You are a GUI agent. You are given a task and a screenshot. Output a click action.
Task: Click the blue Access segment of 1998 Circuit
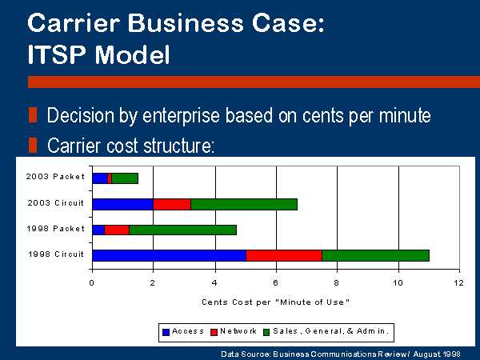[170, 255]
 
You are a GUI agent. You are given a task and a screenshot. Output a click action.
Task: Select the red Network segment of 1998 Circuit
[284, 255]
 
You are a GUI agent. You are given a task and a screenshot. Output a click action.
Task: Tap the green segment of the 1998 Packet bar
[182, 230]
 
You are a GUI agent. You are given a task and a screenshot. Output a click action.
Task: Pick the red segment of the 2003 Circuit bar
[172, 204]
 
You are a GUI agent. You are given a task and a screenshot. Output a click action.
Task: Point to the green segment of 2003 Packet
[125, 178]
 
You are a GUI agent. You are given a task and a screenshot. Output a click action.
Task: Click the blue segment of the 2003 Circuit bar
[122, 204]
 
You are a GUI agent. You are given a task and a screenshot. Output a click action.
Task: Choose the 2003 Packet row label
[55, 177]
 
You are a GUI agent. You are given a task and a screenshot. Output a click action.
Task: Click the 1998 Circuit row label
[56, 254]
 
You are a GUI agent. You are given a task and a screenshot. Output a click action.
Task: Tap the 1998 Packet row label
[56, 229]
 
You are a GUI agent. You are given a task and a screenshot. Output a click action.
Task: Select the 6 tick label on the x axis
[275, 282]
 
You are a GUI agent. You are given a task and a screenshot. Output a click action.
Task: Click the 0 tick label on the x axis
[91, 282]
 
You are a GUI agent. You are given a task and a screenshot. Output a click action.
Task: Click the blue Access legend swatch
[166, 332]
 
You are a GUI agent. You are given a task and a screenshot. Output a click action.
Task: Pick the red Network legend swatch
[214, 332]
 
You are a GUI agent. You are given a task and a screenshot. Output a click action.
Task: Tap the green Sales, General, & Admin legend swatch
[266, 332]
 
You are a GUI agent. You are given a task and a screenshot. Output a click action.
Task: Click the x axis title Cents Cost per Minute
[275, 302]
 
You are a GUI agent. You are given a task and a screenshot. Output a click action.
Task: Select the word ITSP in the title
[57, 54]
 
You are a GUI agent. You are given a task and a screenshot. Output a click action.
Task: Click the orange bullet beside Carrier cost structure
[33, 145]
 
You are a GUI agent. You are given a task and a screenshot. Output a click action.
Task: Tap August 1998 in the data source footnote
[437, 354]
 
